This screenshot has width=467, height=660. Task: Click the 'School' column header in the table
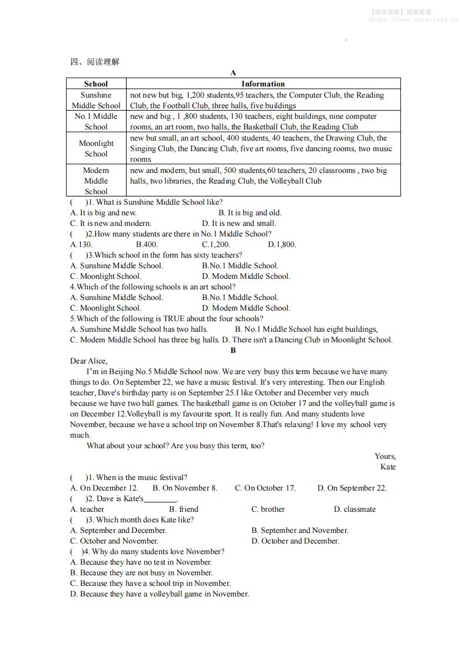point(96,84)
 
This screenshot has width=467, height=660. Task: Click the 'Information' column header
point(263,84)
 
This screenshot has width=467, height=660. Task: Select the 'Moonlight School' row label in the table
point(96,148)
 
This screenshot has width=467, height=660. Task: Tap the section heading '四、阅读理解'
point(94,62)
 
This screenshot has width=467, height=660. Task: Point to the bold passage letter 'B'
point(233,350)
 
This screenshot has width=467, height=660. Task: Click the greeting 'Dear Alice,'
point(89,361)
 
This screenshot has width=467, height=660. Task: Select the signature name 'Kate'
point(388,466)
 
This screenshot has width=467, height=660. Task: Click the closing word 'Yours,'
point(385,456)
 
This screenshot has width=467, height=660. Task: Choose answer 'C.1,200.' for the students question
point(216,244)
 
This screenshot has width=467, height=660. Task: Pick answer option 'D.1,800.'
point(282,244)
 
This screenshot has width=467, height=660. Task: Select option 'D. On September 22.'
point(352,488)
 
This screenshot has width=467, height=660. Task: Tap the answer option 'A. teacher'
point(87,509)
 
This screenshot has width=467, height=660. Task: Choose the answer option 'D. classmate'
point(355,509)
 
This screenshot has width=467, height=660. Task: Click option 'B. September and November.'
point(300,530)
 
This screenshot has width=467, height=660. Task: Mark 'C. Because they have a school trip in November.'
point(150,583)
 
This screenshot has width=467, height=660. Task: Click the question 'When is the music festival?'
point(141,477)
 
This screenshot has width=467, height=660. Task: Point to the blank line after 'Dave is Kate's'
point(160,499)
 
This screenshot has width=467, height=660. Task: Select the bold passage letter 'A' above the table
point(233,72)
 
